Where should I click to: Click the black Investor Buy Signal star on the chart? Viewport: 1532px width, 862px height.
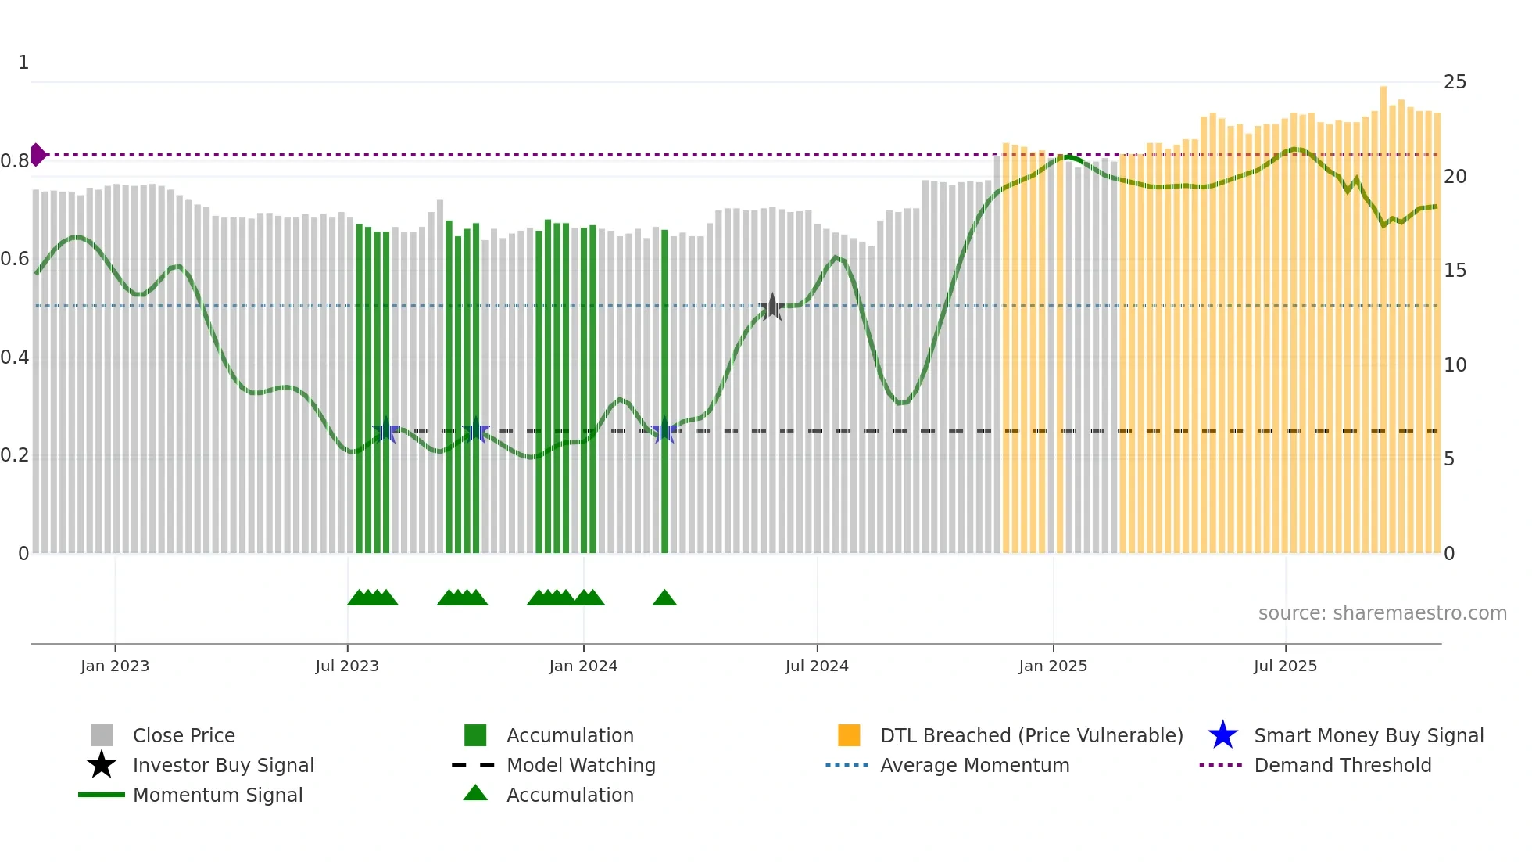pos(772,307)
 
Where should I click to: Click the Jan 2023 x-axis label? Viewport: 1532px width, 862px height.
pos(115,666)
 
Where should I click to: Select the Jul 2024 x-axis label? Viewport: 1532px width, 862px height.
pos(817,666)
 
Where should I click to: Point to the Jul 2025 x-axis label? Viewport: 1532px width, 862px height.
pos(1285,666)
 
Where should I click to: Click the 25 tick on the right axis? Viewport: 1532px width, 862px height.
pos(1455,82)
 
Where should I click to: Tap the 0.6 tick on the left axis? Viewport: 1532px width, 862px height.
pos(15,259)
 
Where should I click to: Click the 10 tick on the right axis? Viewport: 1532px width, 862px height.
pos(1455,365)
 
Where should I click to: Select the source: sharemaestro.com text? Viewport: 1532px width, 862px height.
pos(1382,613)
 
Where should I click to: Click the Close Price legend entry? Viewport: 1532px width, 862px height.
pos(183,735)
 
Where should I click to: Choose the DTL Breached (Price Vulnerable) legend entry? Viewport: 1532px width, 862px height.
pos(1031,735)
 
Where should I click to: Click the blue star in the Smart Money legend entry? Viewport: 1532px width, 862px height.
pos(1222,735)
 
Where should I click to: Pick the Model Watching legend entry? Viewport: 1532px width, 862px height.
pos(580,765)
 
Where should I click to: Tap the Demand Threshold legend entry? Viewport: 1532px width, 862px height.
pos(1342,765)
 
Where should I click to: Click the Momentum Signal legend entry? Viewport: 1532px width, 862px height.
pos(217,795)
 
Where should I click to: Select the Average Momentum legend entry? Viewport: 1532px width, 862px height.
pos(974,765)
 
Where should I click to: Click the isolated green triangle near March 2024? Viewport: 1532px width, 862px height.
pos(664,598)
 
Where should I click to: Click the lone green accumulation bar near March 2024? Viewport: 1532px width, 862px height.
pos(664,391)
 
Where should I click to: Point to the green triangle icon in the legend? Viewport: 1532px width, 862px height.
pos(475,793)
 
